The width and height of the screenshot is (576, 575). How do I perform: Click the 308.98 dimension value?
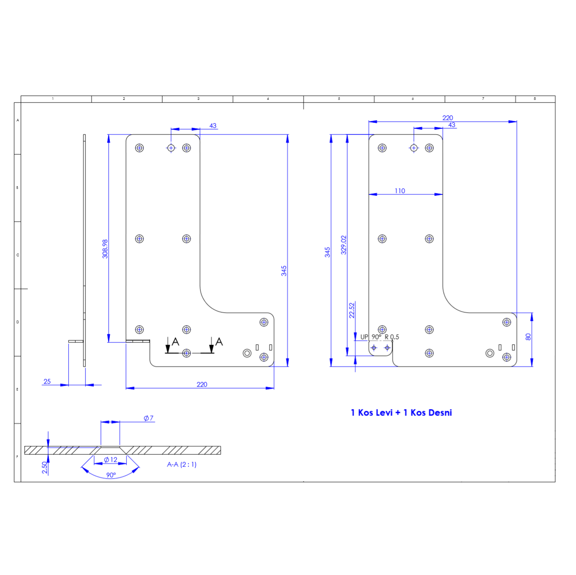pyautogui.click(x=105, y=249)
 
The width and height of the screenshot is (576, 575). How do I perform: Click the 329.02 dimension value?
pyautogui.click(x=344, y=245)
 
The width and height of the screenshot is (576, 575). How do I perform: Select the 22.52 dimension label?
pyautogui.click(x=352, y=310)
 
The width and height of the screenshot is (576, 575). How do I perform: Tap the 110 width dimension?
pyautogui.click(x=400, y=191)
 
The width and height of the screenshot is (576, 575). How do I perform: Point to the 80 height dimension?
pyautogui.click(x=528, y=337)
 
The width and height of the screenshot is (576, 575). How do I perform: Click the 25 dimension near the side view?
pyautogui.click(x=47, y=381)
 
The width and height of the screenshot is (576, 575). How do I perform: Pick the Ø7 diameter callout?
pyautogui.click(x=149, y=418)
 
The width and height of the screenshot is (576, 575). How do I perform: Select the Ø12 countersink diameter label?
pyautogui.click(x=111, y=460)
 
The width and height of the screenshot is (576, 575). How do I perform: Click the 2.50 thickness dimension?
pyautogui.click(x=45, y=467)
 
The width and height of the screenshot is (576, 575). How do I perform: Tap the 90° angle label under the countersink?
pyautogui.click(x=111, y=475)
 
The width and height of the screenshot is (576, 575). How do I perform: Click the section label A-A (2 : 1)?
pyautogui.click(x=182, y=464)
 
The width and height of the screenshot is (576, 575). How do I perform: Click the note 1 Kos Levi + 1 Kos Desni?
pyautogui.click(x=401, y=413)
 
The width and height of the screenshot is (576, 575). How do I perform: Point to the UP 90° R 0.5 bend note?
pyautogui.click(x=380, y=337)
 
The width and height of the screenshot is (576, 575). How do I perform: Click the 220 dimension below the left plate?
pyautogui.click(x=202, y=384)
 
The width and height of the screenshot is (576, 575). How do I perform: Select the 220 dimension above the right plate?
pyautogui.click(x=448, y=118)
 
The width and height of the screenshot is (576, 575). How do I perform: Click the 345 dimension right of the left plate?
pyautogui.click(x=284, y=271)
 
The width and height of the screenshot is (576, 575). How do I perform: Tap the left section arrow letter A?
pyautogui.click(x=175, y=342)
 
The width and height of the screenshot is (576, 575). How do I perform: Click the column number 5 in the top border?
pyautogui.click(x=339, y=99)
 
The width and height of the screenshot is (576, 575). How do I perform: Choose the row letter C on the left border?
pyautogui.click(x=18, y=255)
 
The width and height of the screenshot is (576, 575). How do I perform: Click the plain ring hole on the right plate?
pyautogui.click(x=490, y=353)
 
